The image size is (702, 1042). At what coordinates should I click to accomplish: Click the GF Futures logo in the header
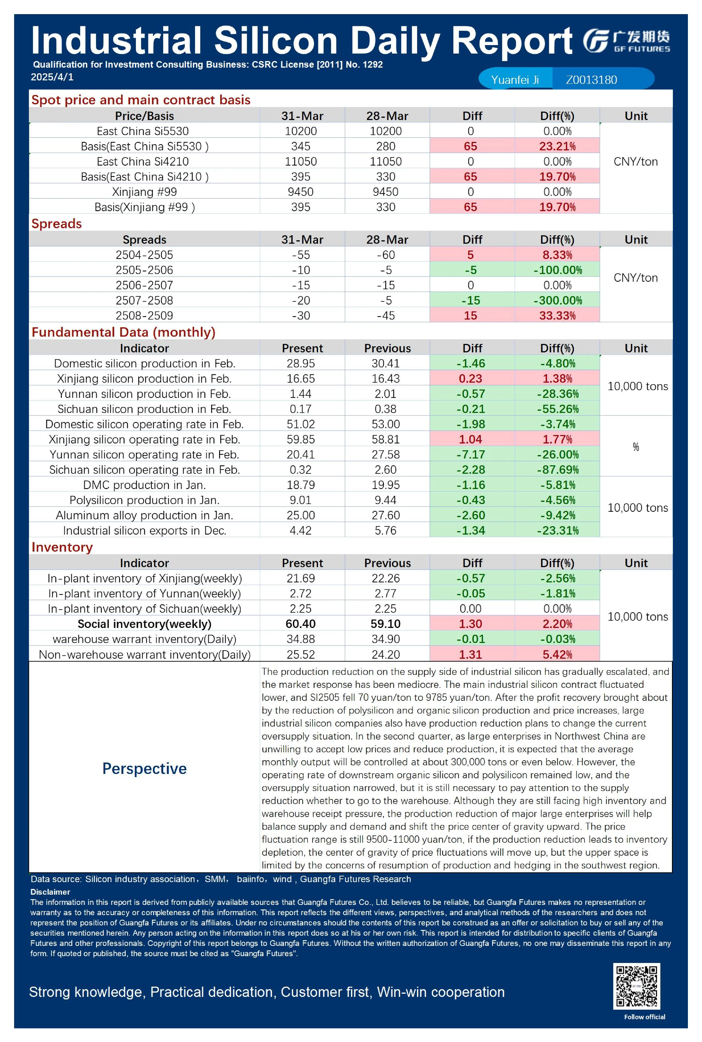click(x=626, y=41)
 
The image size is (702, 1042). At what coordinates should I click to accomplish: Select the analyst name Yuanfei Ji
click(x=515, y=80)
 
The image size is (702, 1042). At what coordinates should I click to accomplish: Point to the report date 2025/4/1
click(x=52, y=77)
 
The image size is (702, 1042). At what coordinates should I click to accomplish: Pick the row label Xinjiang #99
click(x=144, y=192)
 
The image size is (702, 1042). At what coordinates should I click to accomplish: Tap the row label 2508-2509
click(x=144, y=315)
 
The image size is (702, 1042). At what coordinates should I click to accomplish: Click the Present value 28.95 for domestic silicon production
click(x=301, y=363)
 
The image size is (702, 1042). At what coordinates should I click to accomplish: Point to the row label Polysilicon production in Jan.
click(x=144, y=500)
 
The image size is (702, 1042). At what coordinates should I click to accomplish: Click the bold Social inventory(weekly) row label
click(x=144, y=624)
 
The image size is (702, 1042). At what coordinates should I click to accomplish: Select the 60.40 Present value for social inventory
click(x=301, y=624)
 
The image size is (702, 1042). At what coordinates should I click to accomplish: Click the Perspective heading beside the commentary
click(x=144, y=768)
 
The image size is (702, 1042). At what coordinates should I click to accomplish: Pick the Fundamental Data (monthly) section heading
click(x=123, y=332)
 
